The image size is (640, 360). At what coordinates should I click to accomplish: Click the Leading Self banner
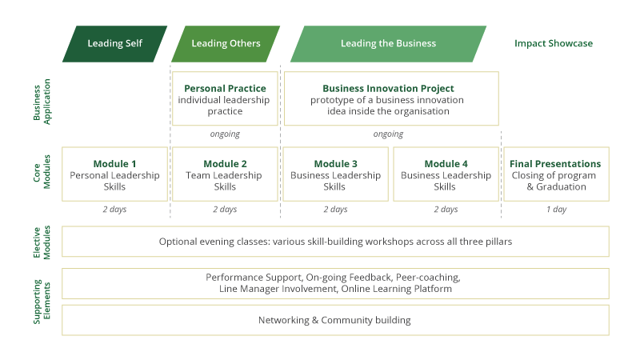click(114, 44)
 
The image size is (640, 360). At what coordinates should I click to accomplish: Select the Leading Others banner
click(226, 44)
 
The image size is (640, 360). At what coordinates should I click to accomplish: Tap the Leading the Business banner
click(388, 44)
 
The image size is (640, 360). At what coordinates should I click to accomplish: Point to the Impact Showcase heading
click(554, 43)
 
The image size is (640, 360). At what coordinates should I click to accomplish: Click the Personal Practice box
click(225, 98)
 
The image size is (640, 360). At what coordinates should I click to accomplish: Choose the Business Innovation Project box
click(391, 98)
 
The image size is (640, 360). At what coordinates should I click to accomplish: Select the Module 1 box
click(114, 174)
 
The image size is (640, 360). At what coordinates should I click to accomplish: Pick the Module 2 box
click(225, 174)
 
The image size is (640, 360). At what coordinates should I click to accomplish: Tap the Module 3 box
click(335, 174)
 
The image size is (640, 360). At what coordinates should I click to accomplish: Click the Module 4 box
click(446, 174)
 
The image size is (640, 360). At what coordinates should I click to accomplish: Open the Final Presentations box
click(556, 174)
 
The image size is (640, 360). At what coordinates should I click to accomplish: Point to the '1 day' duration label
click(556, 210)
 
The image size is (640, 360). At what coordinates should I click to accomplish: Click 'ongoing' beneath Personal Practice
click(225, 134)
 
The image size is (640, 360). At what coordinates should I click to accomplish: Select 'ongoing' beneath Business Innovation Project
click(388, 134)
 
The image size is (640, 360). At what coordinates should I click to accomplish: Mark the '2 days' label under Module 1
click(114, 210)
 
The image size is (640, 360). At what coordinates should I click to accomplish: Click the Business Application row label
click(42, 102)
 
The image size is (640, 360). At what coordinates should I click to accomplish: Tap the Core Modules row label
click(42, 172)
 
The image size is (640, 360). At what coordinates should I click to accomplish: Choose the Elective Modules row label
click(42, 242)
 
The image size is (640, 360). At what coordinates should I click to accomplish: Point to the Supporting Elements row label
click(42, 302)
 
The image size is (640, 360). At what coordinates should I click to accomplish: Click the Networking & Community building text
click(334, 320)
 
